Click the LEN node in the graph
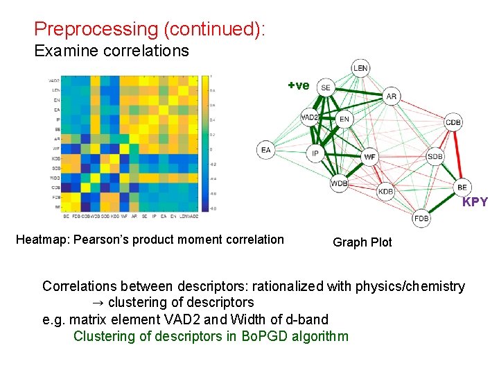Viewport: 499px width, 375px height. [360, 67]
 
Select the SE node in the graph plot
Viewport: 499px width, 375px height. [326, 87]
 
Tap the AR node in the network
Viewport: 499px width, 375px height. [392, 97]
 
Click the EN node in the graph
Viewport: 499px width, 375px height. [344, 119]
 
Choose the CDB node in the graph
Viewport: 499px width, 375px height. [453, 122]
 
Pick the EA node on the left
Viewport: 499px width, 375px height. [265, 149]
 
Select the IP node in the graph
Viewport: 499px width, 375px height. [315, 153]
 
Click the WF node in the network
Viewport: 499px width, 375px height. [370, 157]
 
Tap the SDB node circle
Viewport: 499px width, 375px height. [435, 156]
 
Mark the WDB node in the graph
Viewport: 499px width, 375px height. [340, 183]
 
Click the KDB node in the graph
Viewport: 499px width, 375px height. [385, 191]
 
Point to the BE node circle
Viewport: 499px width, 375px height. [462, 187]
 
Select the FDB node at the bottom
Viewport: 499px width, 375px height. [421, 218]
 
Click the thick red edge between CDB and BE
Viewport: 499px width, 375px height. [458, 154]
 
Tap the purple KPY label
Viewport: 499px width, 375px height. [475, 203]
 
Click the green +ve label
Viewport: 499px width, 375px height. [299, 85]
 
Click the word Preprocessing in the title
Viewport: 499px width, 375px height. [87, 29]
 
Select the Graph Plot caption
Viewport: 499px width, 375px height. [362, 242]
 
